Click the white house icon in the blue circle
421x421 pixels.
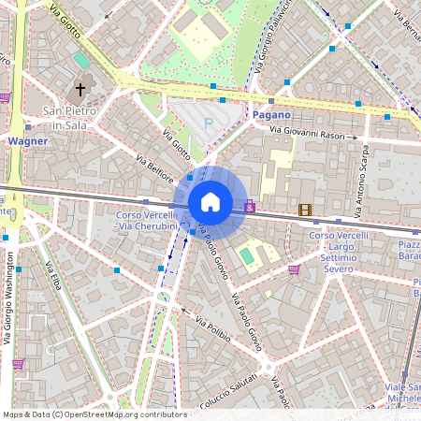coord(210,202)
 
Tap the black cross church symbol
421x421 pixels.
coord(80,92)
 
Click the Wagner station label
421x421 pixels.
coord(27,141)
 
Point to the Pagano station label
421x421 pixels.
coord(272,114)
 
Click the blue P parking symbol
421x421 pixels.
coord(210,122)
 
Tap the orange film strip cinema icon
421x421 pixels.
coord(304,210)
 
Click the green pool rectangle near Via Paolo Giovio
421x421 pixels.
coord(246,254)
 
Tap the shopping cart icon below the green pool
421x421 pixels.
coord(294,270)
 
